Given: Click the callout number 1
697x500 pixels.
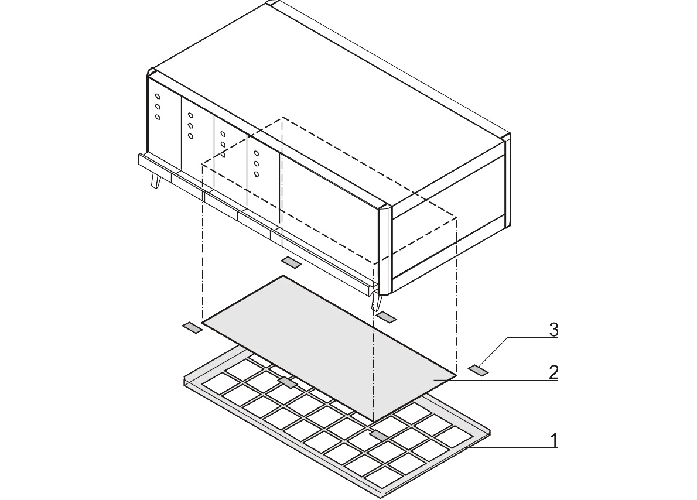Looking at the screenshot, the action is click(x=553, y=440).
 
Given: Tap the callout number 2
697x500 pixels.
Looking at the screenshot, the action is click(x=553, y=372).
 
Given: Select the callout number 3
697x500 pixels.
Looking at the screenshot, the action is click(x=553, y=330).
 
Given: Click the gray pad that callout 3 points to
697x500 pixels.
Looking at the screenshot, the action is click(x=479, y=370).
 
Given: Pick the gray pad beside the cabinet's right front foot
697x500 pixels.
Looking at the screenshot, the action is click(x=387, y=316).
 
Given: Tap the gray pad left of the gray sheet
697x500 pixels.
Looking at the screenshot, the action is click(x=193, y=327).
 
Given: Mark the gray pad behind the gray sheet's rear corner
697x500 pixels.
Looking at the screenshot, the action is click(x=292, y=262).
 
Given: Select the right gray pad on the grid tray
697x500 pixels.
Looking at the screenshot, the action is click(x=379, y=436).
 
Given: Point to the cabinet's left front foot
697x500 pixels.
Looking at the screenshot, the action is click(x=156, y=180).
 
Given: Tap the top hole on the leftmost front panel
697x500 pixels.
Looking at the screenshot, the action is click(x=158, y=97).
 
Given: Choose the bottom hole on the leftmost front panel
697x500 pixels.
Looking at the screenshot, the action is click(x=158, y=117).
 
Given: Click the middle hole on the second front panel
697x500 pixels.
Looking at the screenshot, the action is click(x=190, y=126).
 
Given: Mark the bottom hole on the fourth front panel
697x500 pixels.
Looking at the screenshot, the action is click(x=257, y=174).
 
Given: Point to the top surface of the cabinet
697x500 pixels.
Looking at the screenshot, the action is click(x=329, y=103).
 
